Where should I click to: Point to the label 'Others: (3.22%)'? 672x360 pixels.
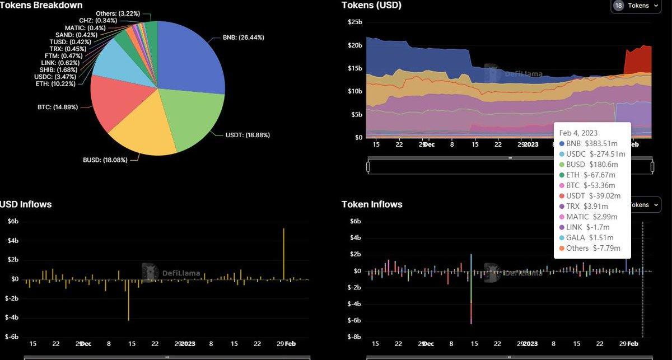[118, 13]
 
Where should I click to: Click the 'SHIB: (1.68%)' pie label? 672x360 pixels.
[61, 69]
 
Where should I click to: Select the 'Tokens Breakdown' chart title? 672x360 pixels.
[41, 5]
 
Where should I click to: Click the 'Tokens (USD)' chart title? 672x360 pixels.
[371, 5]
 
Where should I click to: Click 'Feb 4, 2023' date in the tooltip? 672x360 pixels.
[578, 133]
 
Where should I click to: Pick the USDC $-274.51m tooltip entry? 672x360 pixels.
[592, 154]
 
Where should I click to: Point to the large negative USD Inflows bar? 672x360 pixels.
[129, 300]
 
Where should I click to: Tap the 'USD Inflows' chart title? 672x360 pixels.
[26, 204]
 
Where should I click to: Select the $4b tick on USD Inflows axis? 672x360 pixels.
[13, 241]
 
